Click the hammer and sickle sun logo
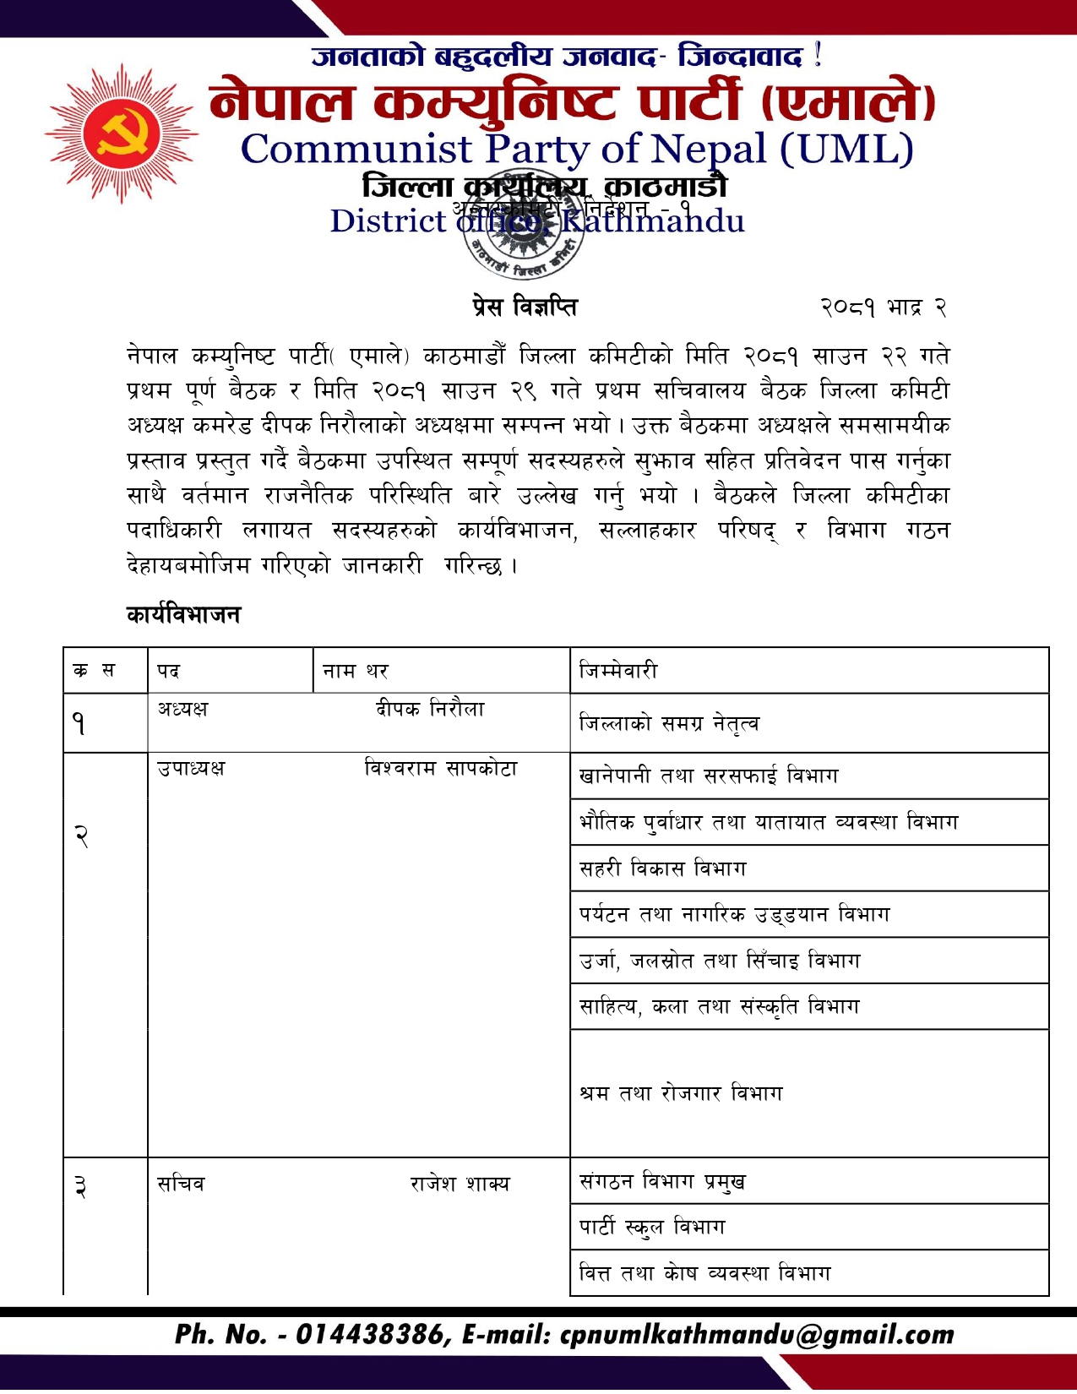122,133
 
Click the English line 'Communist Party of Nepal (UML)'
577,150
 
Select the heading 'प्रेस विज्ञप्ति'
525,307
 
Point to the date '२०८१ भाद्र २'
883,308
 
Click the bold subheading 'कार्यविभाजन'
183,614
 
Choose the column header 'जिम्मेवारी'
618,671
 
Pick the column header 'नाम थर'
356,671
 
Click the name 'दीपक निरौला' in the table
430,709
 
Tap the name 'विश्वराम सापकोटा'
440,768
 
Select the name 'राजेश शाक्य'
460,1184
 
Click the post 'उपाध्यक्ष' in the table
191,768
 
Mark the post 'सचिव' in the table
181,1184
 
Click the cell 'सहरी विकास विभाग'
663,868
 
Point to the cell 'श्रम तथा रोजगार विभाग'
681,1093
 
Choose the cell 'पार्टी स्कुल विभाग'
652,1227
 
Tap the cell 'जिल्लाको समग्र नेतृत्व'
669,723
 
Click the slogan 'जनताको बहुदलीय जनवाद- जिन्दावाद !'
566,57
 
